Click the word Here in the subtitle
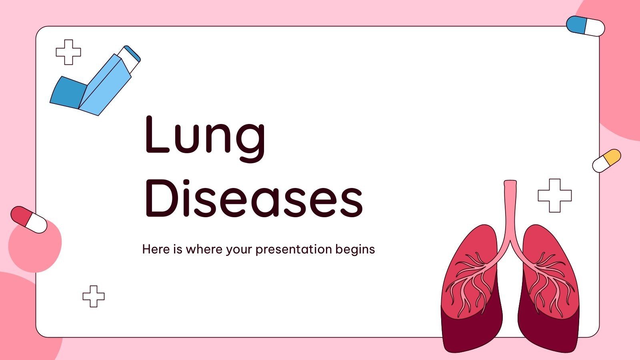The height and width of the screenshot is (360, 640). tap(156, 249)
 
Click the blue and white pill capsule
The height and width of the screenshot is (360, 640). tap(585, 26)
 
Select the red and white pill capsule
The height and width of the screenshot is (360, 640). tap(28, 220)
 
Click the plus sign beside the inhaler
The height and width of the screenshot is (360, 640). tap(68, 52)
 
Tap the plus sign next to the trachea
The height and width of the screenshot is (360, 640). tap(554, 196)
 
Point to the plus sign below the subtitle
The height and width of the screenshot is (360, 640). tap(94, 296)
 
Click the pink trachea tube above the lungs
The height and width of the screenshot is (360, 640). tap(510, 208)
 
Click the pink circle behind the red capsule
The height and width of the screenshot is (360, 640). tap(38, 248)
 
